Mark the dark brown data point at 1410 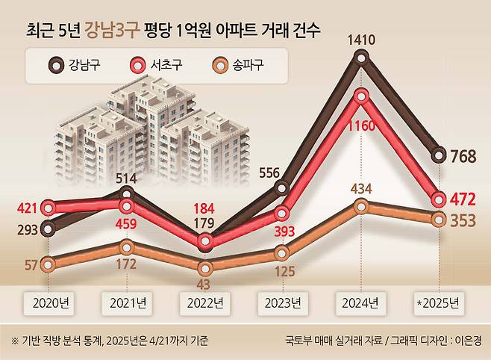point(362,58)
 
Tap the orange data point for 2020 point(49,264)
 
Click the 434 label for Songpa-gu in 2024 point(362,186)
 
